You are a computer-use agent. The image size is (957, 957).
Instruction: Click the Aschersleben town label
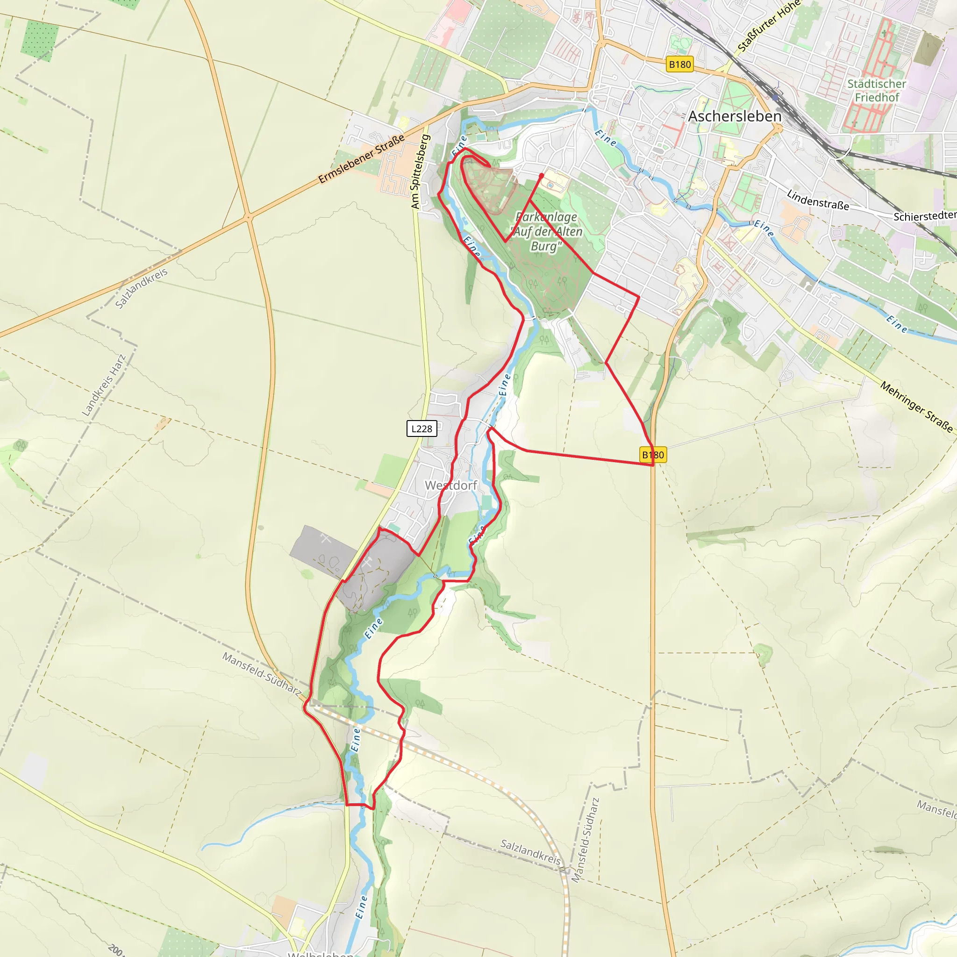[x=735, y=116]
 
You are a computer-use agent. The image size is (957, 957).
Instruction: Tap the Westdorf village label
[x=451, y=486]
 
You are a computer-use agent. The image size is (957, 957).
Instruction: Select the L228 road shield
[x=421, y=429]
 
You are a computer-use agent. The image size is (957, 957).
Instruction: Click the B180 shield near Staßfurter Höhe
[x=679, y=64]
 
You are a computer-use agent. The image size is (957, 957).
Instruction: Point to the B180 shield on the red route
[x=653, y=455]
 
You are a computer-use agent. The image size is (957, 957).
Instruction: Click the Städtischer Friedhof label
[x=876, y=91]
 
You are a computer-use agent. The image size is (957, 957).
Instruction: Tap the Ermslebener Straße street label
[x=361, y=159]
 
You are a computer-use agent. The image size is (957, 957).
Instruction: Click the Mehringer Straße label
[x=916, y=407]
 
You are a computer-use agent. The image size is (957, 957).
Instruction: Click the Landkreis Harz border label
[x=104, y=385]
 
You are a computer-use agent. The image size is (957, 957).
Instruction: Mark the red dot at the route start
[x=542, y=176]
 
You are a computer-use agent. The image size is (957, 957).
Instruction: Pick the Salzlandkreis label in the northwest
[x=141, y=288]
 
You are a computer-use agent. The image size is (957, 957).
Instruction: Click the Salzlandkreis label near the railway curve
[x=530, y=851]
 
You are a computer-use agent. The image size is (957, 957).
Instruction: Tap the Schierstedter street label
[x=924, y=216]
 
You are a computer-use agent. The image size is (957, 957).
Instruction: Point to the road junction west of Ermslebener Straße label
[x=249, y=217]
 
